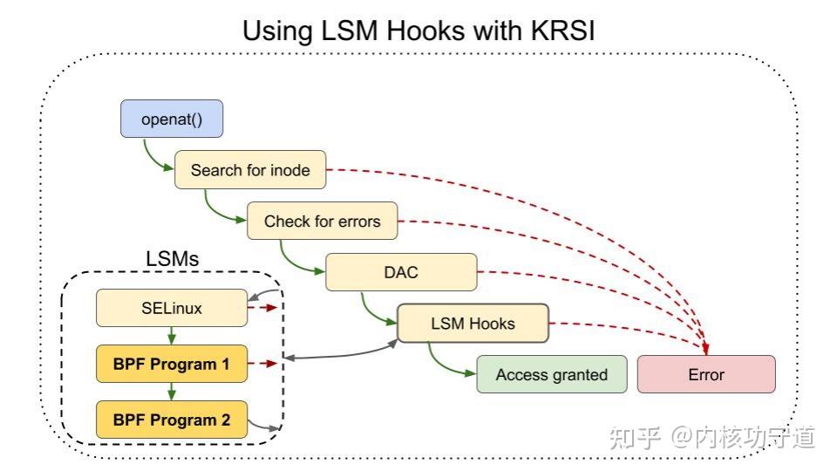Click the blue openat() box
click(171, 119)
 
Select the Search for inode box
click(250, 170)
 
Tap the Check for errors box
click(322, 221)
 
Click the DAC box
click(401, 272)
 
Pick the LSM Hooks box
click(473, 324)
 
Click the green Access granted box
click(551, 374)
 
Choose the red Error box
click(706, 374)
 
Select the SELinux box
click(171, 308)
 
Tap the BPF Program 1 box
click(171, 364)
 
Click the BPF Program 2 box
click(171, 420)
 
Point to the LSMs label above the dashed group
click(171, 259)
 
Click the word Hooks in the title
click(397, 31)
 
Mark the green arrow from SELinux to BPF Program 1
click(172, 336)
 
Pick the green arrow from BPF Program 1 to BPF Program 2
click(172, 392)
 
